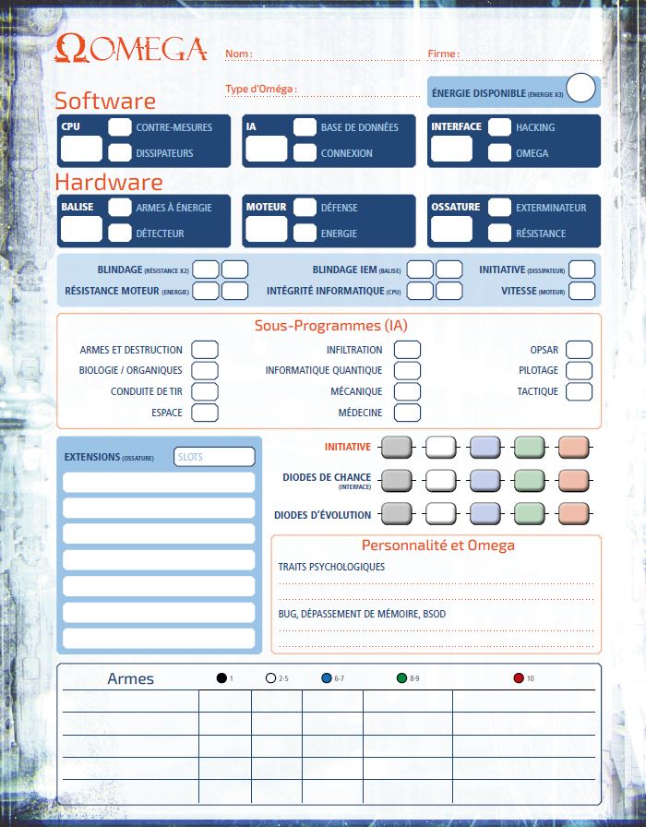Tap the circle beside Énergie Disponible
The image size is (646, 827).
(580, 89)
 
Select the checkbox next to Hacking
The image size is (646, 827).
(499, 127)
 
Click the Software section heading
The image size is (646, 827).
(105, 101)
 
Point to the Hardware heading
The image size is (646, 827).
(109, 182)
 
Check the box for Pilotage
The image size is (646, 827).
(579, 370)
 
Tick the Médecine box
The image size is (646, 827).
(407, 413)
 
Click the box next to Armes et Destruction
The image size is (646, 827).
(204, 350)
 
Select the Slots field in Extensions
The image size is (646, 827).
(214, 457)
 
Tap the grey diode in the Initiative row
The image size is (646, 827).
(396, 447)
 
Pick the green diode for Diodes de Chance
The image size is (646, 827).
(529, 480)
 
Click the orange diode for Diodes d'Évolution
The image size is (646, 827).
(573, 514)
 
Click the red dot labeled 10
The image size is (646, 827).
(518, 678)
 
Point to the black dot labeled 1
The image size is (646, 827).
(221, 678)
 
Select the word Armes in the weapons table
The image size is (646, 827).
(130, 679)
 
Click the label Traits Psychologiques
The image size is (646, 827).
(331, 567)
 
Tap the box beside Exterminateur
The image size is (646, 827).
(499, 208)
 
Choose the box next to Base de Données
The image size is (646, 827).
(305, 127)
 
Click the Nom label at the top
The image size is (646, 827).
(238, 54)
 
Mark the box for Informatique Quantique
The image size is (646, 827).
(407, 370)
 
